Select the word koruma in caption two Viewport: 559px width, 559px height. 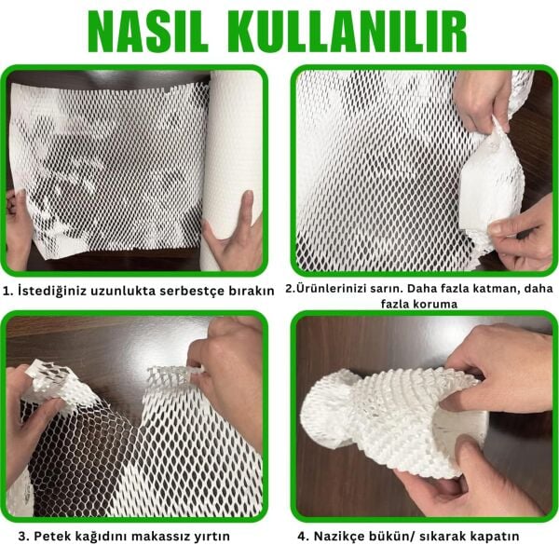(x=451, y=304)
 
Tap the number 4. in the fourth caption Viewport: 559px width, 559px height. (x=304, y=537)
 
